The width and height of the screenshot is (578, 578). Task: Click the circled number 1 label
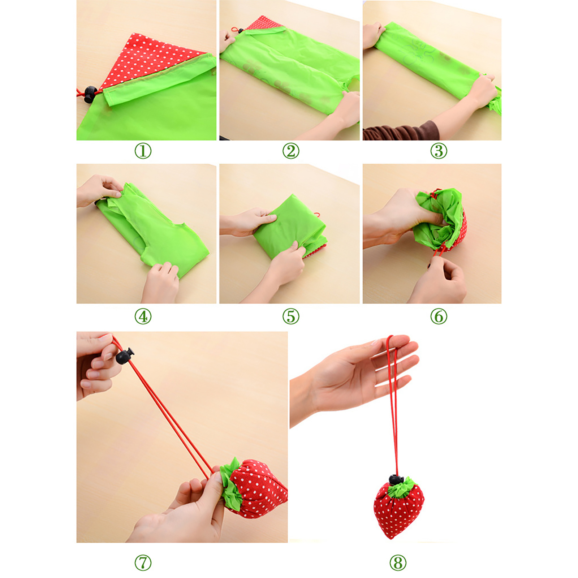click(143, 151)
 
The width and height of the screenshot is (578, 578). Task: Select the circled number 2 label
click(291, 151)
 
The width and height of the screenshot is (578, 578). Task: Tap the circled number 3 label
click(439, 151)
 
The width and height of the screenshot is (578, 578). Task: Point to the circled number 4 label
click(143, 316)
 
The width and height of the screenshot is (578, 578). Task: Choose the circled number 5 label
click(291, 316)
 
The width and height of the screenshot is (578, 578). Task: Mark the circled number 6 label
click(439, 316)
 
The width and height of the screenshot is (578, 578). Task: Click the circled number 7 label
click(143, 563)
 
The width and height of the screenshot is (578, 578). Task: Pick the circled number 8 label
click(398, 563)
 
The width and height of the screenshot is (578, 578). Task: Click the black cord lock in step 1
click(90, 94)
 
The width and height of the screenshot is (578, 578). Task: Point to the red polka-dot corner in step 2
click(264, 23)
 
